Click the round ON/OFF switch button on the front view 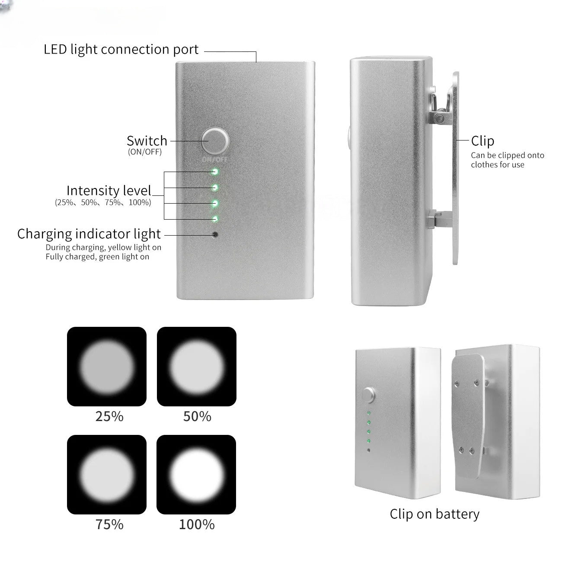coord(215,141)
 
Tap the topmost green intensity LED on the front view coord(215,172)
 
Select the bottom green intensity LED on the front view coord(215,219)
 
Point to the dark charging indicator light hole coord(215,234)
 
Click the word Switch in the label coord(147,141)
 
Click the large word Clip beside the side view coord(483,141)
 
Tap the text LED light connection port coord(121,49)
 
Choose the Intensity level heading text coord(109,191)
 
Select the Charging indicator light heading coord(89,234)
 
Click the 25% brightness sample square coord(107,366)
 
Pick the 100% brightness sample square coord(196,475)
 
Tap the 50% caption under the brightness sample coord(197,416)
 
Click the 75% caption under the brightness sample coord(109,524)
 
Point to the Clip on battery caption coord(434,514)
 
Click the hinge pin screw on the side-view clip coord(440,118)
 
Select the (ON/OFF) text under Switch coord(145,152)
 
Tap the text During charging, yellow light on coord(103,248)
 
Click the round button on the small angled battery coord(368,396)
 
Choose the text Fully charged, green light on coord(97,257)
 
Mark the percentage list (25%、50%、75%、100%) coord(103,202)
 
